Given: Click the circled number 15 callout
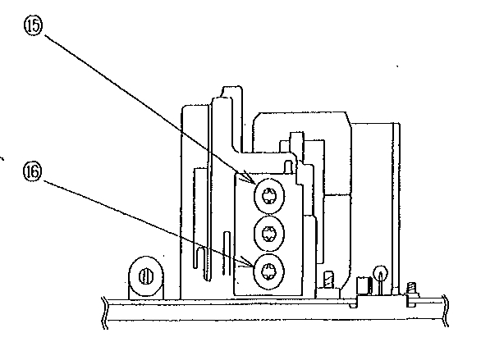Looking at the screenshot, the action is [x=33, y=25].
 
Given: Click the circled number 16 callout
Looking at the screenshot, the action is [x=32, y=171].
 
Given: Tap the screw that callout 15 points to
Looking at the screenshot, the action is [x=269, y=196].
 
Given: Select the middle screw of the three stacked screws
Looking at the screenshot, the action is [x=269, y=234].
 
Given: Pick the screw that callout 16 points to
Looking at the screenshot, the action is [x=269, y=271].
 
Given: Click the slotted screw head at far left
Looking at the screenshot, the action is [x=146, y=276].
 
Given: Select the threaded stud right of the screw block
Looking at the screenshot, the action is [x=328, y=280].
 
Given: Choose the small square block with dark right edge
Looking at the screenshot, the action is [x=364, y=285].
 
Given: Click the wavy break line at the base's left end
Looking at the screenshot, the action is [x=105, y=312].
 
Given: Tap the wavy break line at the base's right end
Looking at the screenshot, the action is [x=446, y=311].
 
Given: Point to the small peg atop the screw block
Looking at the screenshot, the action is [x=288, y=166].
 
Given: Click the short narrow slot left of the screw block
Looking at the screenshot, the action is [x=227, y=253].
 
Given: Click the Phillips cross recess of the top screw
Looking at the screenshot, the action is [x=268, y=195].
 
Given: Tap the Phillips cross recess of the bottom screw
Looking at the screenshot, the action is [x=268, y=271].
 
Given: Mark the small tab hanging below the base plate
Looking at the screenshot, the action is [x=354, y=305].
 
